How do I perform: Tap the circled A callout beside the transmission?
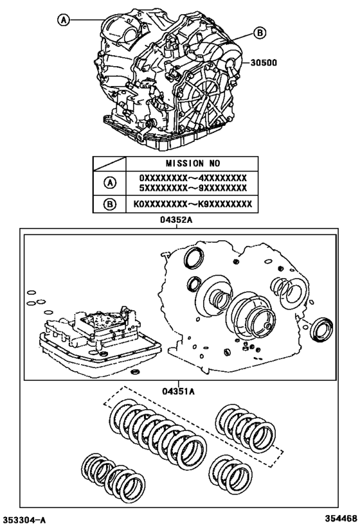pos(64,20)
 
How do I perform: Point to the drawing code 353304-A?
pos(24,518)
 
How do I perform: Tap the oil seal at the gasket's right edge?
pos(319,328)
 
